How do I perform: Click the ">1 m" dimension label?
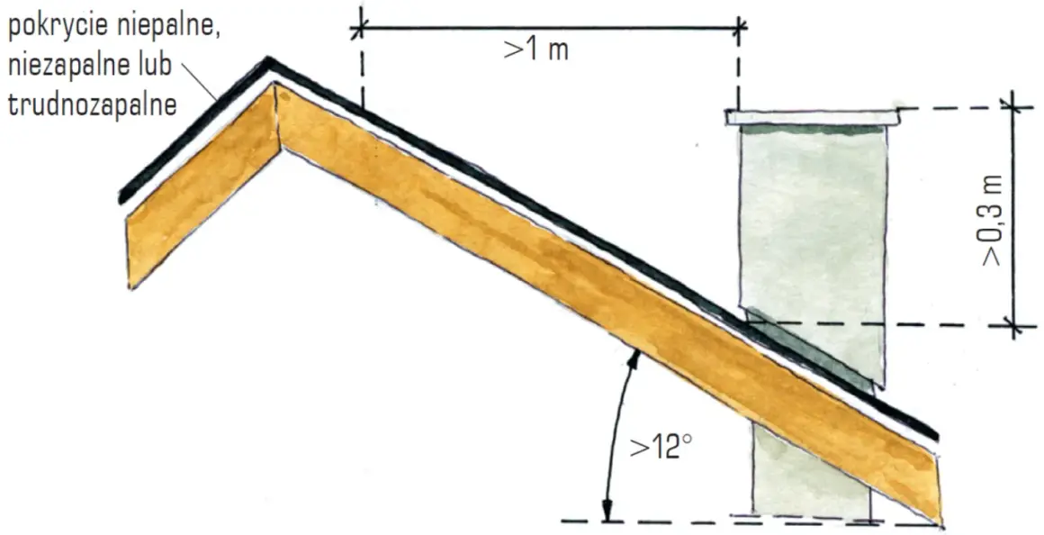[x=536, y=50]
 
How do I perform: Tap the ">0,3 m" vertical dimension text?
[x=992, y=219]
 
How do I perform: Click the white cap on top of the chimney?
[x=813, y=117]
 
